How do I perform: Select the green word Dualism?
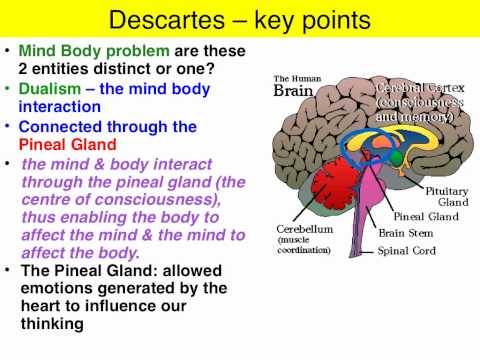coord(52,88)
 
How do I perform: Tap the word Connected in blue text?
coord(60,126)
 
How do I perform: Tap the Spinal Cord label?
coord(406,251)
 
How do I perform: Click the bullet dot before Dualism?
coord(8,88)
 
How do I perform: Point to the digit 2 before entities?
coord(25,69)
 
